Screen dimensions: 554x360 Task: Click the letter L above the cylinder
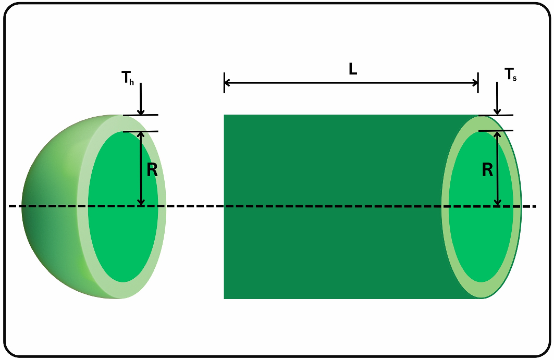pos(353,70)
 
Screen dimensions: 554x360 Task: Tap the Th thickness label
pos(128,78)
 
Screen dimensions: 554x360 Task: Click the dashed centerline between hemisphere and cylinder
pos(193,206)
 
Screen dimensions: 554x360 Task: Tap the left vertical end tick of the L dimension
pos(224,82)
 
